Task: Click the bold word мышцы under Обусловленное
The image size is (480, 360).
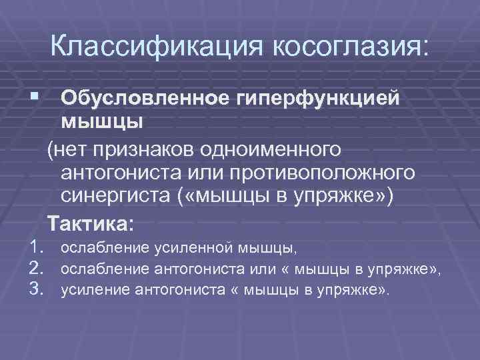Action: (x=101, y=123)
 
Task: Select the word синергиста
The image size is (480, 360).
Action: (x=114, y=197)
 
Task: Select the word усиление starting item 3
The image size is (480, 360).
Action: (x=95, y=290)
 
